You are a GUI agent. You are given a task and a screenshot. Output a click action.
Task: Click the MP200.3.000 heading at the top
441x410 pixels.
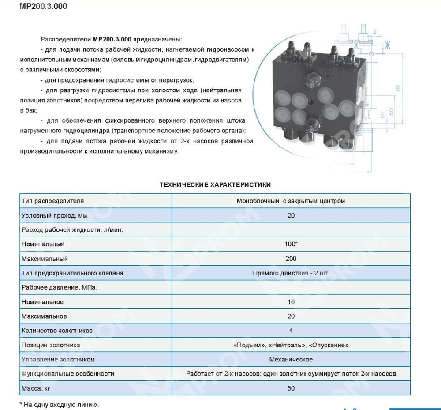(x=44, y=7)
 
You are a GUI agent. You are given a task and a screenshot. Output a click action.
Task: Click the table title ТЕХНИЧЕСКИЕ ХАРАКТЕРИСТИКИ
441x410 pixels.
(x=215, y=185)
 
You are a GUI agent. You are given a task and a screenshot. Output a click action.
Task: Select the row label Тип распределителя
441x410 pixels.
(x=52, y=201)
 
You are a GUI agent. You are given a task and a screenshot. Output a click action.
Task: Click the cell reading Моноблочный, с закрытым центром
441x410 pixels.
(x=291, y=201)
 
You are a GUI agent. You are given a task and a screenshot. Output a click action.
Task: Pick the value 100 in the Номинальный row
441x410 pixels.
(x=290, y=244)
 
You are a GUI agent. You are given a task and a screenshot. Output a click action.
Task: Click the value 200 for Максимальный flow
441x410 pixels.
(x=291, y=259)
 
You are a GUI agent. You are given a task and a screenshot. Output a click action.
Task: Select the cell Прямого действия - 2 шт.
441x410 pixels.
(x=291, y=273)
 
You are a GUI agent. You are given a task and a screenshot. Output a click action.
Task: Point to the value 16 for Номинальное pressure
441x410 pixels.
(x=291, y=302)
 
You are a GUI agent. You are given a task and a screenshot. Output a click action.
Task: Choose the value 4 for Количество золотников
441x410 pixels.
(x=291, y=331)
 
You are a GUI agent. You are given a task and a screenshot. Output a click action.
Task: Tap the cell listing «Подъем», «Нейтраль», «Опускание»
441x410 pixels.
(x=291, y=345)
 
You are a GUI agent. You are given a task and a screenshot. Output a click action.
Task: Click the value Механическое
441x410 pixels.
(x=291, y=359)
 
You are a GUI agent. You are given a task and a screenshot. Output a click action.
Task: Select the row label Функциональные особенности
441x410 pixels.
(x=67, y=374)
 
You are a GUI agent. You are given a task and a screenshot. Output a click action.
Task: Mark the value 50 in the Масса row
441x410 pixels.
(x=291, y=388)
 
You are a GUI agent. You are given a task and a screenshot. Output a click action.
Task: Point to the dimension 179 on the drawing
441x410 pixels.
(x=398, y=88)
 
